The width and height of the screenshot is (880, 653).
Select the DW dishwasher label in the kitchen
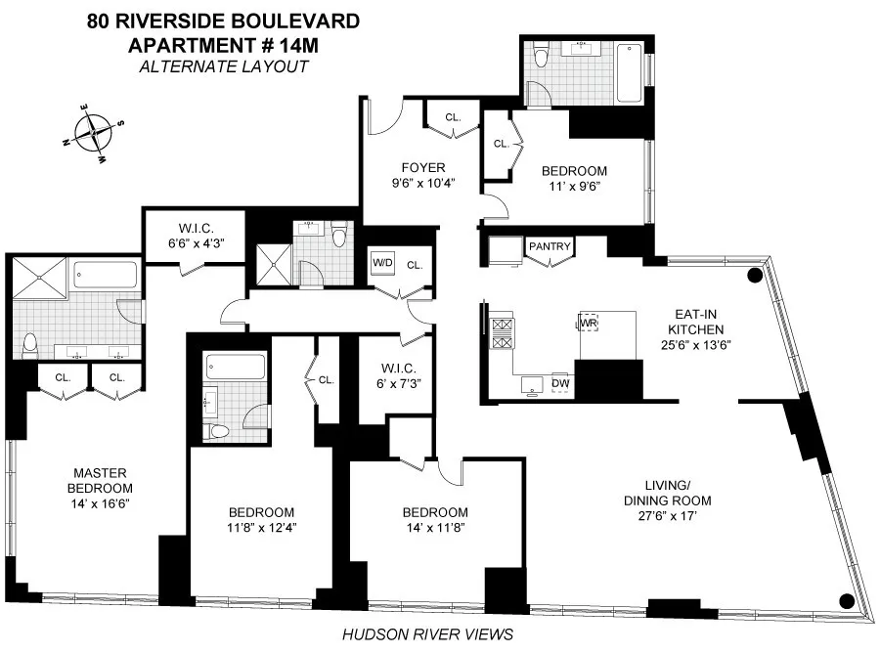(x=560, y=383)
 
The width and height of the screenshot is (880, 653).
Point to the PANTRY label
(x=549, y=247)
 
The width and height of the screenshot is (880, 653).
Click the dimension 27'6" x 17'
(x=678, y=517)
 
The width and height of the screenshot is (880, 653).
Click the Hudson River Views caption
(x=427, y=634)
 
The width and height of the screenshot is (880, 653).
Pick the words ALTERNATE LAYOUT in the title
(x=223, y=66)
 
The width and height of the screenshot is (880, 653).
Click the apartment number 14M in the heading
(x=295, y=45)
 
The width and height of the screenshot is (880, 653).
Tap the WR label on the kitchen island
(x=589, y=322)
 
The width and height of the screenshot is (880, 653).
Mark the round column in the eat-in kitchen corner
(x=754, y=277)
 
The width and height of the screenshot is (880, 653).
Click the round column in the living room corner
(x=848, y=601)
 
